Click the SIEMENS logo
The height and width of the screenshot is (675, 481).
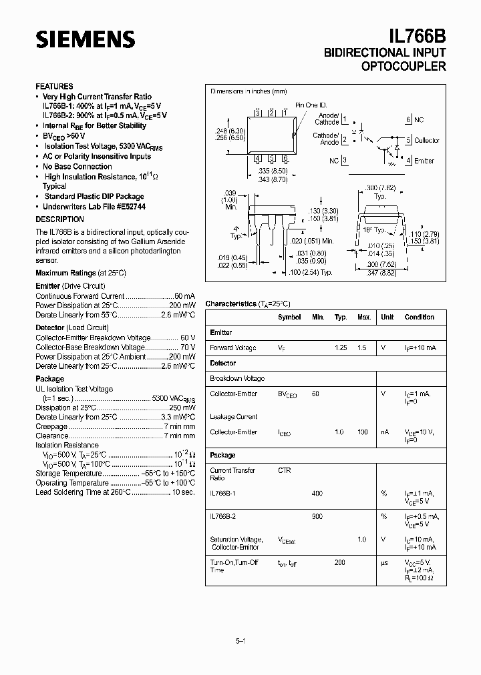point(85,39)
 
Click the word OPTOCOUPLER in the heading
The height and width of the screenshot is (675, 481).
point(404,67)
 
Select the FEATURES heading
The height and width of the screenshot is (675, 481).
point(54,87)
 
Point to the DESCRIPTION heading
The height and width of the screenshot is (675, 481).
point(59,219)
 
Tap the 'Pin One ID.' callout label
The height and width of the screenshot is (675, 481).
point(312,105)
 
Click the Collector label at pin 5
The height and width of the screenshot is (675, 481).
point(427,141)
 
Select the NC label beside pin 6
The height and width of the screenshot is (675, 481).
point(419,120)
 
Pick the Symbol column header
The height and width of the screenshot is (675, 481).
point(289,317)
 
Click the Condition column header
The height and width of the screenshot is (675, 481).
point(419,317)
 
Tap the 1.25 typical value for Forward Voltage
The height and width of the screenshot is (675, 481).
point(341,348)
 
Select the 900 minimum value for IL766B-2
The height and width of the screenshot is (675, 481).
point(317,516)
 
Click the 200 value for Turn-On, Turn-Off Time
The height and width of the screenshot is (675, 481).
point(340,563)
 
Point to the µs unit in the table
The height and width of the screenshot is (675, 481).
point(384,563)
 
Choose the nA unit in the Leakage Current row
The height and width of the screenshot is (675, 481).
point(385,432)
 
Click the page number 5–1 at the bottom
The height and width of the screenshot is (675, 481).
point(240,641)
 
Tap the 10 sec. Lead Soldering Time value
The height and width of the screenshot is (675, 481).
point(183,492)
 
